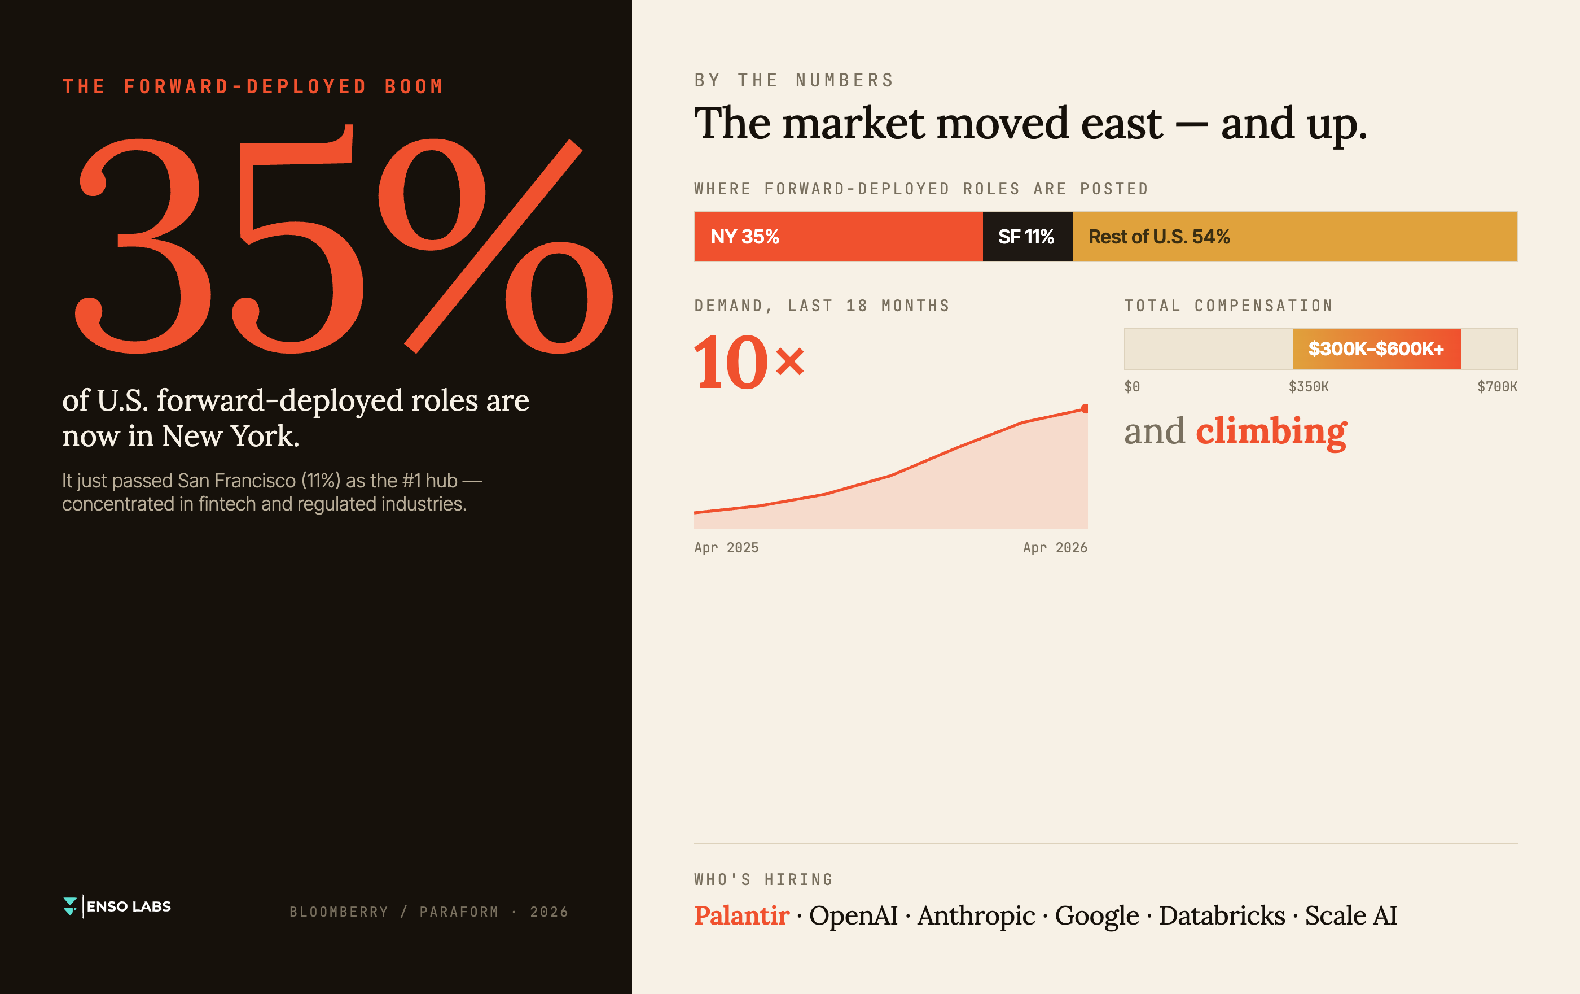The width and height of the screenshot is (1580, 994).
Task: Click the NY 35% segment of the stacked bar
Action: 839,236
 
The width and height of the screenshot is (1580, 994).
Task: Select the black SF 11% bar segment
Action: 1028,236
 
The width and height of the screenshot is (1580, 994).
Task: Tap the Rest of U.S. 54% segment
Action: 1295,236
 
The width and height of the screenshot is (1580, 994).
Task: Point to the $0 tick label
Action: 1132,387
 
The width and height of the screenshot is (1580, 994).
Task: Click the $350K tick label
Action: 1309,387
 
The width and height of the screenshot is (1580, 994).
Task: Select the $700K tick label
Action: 1497,387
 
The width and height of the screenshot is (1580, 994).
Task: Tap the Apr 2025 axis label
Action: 726,548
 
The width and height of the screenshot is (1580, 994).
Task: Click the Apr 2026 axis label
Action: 1055,548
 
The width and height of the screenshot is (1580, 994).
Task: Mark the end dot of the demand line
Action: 1085,409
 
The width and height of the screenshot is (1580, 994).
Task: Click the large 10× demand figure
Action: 749,362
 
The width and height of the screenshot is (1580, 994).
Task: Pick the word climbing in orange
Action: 1271,432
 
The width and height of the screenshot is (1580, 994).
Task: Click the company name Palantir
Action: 741,915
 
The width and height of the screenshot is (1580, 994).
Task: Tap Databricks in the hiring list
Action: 1222,915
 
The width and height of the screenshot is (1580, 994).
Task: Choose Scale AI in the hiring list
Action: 1351,915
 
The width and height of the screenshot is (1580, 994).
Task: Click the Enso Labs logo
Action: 117,906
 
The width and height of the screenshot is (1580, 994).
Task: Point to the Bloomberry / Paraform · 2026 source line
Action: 429,912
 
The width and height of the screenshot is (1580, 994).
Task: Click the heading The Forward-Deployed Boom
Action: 253,86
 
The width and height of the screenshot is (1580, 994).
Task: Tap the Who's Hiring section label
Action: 763,880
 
